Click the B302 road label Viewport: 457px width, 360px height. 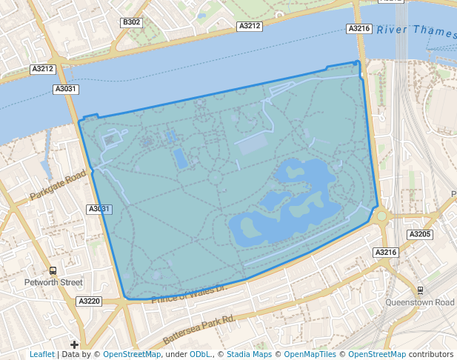coord(132,23)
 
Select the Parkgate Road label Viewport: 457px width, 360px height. coord(59,188)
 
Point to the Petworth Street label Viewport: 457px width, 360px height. coord(52,282)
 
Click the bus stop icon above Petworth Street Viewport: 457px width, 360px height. coord(53,270)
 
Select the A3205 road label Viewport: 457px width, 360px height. coord(419,234)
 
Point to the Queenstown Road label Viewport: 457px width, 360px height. coord(420,302)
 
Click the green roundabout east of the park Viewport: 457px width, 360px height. coord(382,216)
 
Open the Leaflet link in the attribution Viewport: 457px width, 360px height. coord(42,354)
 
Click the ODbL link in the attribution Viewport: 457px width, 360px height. coord(199,354)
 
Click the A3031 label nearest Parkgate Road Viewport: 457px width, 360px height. coord(99,210)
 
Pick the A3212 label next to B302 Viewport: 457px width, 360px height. coord(250,26)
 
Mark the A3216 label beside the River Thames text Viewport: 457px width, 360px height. coord(358,28)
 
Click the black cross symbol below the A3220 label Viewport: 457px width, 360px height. coord(74,344)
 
